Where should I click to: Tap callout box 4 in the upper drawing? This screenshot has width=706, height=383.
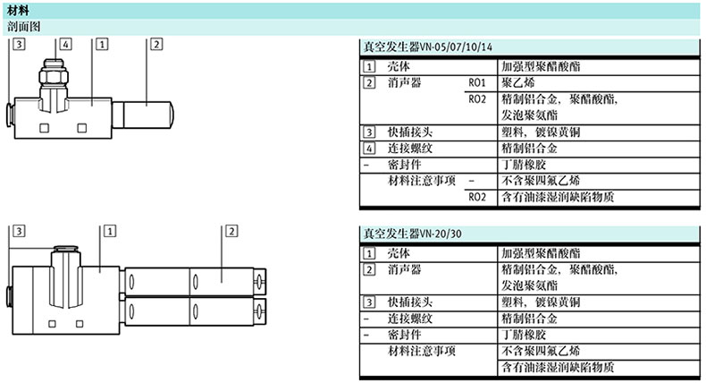tap(65, 43)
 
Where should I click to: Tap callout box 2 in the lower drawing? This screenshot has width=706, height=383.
tap(230, 231)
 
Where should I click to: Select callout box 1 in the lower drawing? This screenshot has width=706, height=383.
tap(110, 231)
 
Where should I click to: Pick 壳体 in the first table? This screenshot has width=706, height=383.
tap(399, 66)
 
